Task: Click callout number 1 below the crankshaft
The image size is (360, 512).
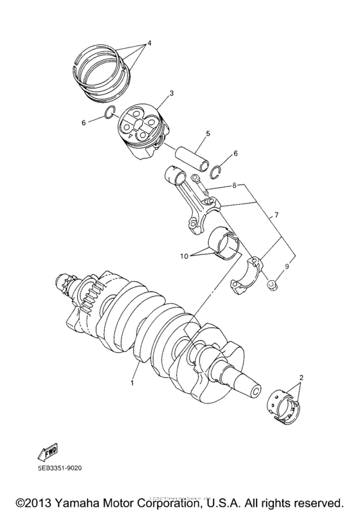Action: pyautogui.click(x=132, y=384)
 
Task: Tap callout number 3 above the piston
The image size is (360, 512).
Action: pyautogui.click(x=171, y=94)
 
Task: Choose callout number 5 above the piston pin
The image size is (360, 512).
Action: pyautogui.click(x=208, y=134)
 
